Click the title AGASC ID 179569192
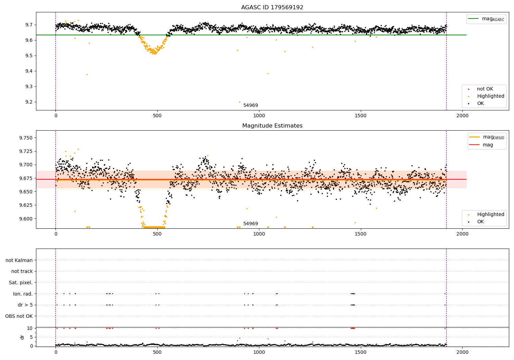pos(272,8)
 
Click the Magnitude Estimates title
pos(272,126)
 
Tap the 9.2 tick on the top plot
pos(28,102)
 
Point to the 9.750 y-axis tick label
pos(25,138)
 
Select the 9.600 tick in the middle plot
pos(25,219)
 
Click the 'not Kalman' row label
pos(19,260)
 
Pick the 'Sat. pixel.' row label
pos(21,283)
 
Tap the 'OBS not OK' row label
pos(19,316)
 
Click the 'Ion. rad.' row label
pos(23,294)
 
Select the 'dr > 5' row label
pos(25,305)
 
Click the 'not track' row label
pos(22,271)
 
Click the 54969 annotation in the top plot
pos(250,106)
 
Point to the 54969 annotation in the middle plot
pos(250,224)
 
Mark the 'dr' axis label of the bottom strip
pos(22,337)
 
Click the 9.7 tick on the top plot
pos(28,25)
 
